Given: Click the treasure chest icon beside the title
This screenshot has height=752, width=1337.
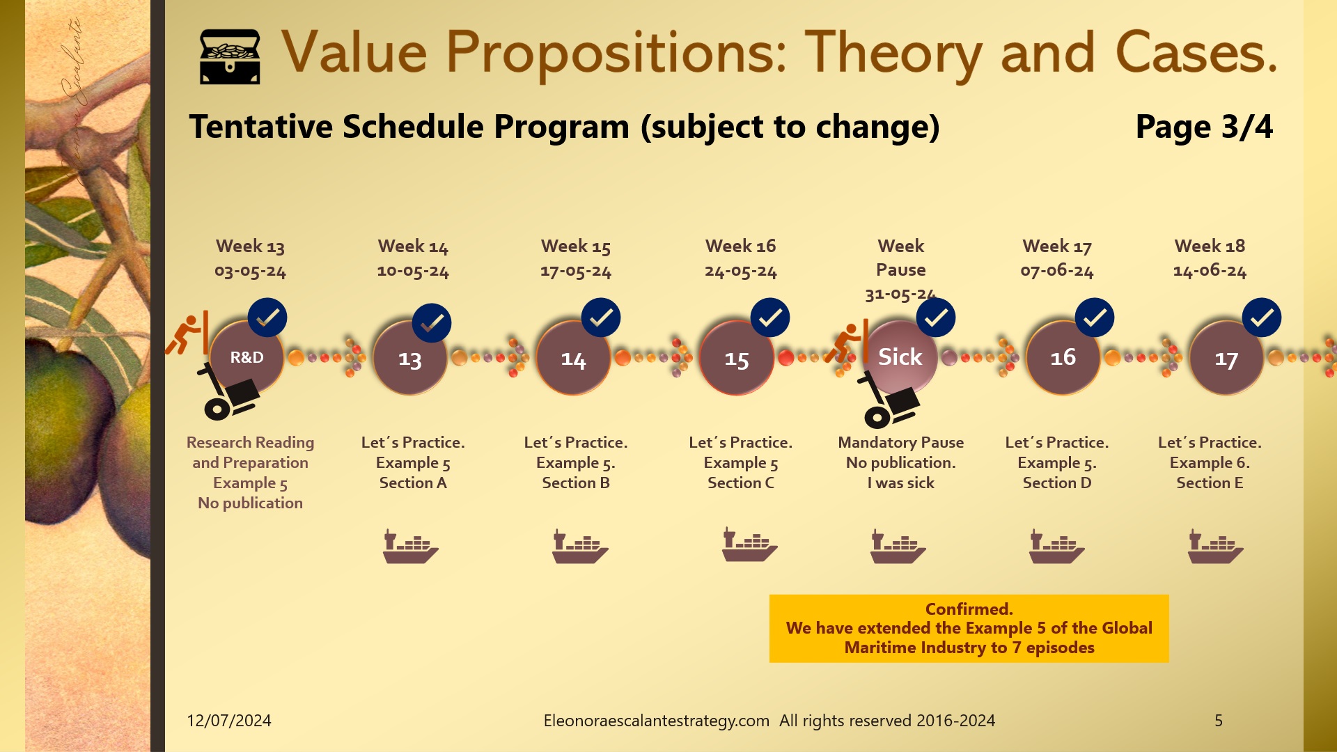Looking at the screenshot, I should (x=230, y=57).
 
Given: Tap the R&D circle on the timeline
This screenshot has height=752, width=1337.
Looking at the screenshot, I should (x=247, y=357).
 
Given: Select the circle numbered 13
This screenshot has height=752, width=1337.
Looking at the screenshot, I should (x=409, y=359).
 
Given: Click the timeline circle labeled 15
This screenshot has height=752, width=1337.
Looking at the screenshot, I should (x=736, y=359).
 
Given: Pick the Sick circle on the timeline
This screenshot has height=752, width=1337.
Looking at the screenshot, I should (x=900, y=357).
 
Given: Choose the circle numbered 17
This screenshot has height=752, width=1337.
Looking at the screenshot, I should (x=1226, y=359).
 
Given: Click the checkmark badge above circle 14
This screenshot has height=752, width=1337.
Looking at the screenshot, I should (x=601, y=318).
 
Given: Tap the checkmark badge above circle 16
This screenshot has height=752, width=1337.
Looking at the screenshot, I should (x=1095, y=318).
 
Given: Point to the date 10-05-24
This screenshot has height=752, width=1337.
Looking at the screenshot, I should (x=413, y=271).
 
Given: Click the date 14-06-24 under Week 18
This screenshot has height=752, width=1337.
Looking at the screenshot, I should (x=1210, y=271).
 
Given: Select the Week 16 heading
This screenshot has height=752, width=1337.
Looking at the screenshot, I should (x=740, y=246).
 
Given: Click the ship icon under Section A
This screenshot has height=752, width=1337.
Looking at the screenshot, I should (x=410, y=546).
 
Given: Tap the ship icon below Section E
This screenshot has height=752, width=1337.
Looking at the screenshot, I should (x=1215, y=546).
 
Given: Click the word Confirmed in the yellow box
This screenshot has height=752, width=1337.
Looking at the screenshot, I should (x=969, y=609).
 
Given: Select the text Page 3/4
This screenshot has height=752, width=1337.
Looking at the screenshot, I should (x=1204, y=127).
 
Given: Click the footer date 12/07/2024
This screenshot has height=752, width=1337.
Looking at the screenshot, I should (x=229, y=721).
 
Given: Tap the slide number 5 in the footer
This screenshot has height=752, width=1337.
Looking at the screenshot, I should (x=1219, y=721).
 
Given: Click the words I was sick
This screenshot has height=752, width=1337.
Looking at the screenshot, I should (x=900, y=483).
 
